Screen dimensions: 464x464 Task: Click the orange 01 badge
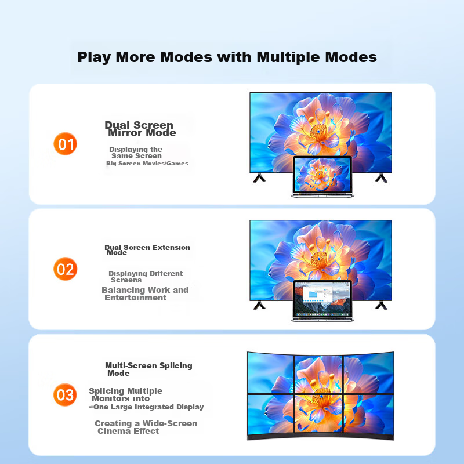(x=65, y=144)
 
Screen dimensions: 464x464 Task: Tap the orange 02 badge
(x=65, y=269)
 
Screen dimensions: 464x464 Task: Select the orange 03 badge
(x=65, y=395)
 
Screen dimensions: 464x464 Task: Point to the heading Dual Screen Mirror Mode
(x=140, y=129)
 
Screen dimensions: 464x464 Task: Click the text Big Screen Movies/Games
(x=147, y=164)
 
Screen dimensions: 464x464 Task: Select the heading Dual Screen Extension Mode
(x=147, y=250)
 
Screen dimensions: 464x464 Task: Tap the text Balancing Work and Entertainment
(x=145, y=294)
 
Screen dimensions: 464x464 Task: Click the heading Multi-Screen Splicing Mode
(x=148, y=369)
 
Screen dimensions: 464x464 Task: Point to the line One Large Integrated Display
(x=148, y=407)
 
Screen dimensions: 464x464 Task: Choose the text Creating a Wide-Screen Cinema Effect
(x=146, y=427)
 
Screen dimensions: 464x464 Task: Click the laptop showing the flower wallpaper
(x=322, y=177)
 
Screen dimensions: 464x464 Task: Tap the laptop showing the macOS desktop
(x=322, y=301)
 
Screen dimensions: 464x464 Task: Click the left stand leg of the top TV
(x=259, y=178)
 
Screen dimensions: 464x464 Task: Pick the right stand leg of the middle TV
(x=382, y=306)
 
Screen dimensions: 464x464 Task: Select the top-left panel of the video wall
(x=270, y=373)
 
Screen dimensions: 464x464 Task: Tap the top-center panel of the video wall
(x=318, y=374)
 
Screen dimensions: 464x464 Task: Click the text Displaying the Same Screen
(x=136, y=153)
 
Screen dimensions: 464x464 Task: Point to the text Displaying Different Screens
(x=146, y=277)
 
